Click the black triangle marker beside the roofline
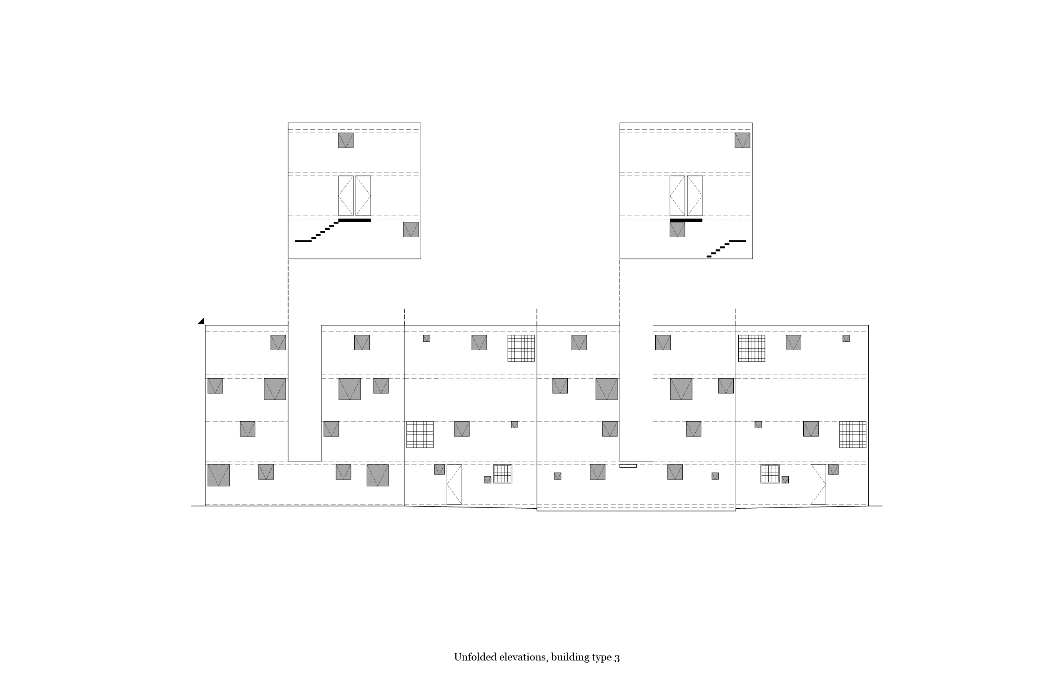(201, 321)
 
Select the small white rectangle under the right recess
(627, 466)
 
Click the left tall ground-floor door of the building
(454, 484)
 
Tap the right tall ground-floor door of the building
(818, 484)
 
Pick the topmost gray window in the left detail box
(346, 140)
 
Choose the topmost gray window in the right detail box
(742, 140)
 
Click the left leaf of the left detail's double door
(346, 196)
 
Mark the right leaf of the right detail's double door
(694, 196)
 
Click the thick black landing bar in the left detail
(355, 220)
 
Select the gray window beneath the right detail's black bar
(677, 230)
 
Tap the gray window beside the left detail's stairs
(411, 230)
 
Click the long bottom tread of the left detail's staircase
(303, 241)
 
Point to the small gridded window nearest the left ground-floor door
(502, 474)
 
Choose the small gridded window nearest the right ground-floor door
(770, 474)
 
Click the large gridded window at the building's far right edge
(852, 434)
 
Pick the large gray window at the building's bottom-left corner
(218, 475)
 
